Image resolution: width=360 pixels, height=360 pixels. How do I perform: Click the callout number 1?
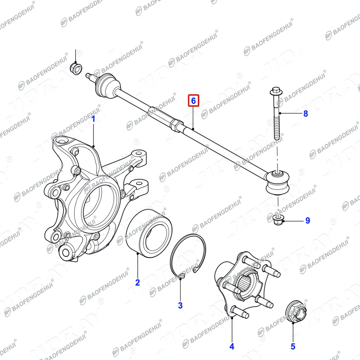tap(93, 118)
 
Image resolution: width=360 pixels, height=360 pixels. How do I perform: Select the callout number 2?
tap(137, 282)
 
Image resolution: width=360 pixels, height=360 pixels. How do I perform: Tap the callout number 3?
tap(180, 306)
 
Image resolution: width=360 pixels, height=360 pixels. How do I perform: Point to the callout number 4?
tap(232, 346)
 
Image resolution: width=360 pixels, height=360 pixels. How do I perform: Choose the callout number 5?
tap(293, 346)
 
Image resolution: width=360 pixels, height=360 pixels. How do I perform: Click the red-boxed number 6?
tap(193, 101)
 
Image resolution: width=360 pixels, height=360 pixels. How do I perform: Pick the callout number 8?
tap(306, 114)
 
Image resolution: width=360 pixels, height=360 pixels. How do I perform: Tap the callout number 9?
tap(307, 220)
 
